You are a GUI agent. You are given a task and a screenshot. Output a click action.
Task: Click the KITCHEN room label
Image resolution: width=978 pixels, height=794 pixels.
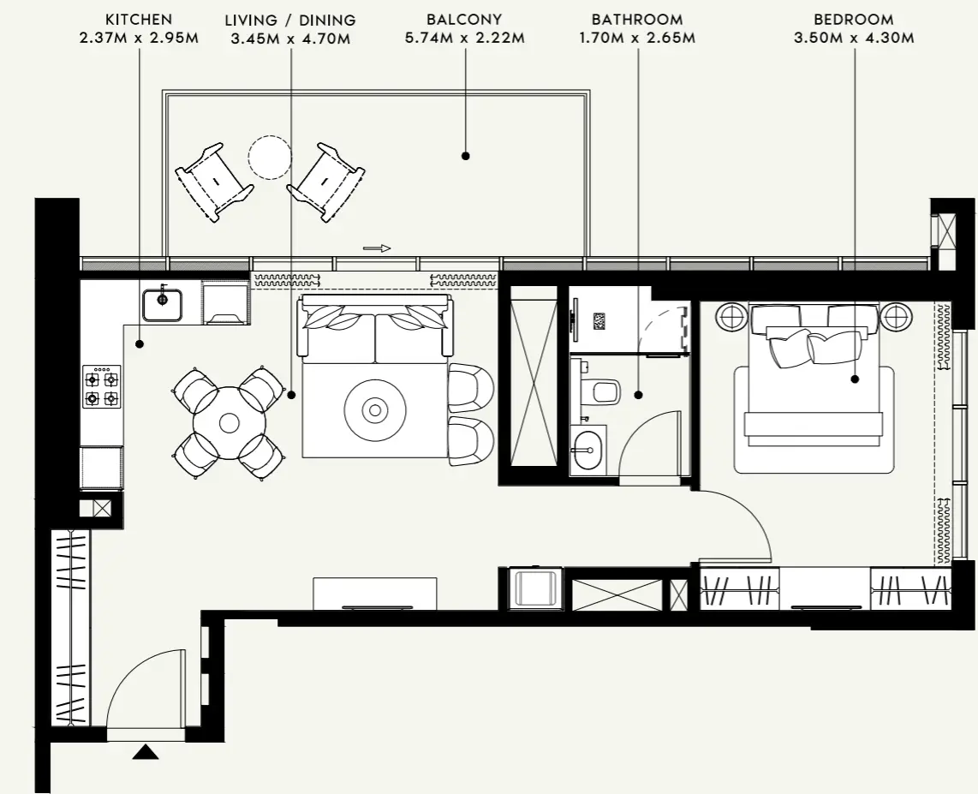(139, 19)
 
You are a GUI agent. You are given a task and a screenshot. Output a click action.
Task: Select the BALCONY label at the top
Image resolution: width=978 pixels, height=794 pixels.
(463, 19)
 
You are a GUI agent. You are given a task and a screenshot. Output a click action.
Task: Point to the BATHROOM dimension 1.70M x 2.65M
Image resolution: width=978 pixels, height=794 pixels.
(637, 39)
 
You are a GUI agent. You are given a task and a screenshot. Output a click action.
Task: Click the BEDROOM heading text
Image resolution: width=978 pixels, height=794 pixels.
(853, 19)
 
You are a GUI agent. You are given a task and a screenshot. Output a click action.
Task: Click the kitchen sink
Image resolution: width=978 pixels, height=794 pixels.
(162, 304)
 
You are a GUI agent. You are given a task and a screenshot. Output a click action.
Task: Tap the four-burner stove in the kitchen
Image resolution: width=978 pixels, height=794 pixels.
(101, 386)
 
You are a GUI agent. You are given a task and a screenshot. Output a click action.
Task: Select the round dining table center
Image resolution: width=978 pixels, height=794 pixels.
(229, 422)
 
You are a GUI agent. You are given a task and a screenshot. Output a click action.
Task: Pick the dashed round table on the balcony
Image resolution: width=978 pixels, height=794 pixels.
(270, 158)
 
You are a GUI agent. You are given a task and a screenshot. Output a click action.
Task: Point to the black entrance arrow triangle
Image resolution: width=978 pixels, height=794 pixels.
(146, 753)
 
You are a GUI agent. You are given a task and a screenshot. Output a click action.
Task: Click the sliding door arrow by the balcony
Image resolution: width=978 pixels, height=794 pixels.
(377, 248)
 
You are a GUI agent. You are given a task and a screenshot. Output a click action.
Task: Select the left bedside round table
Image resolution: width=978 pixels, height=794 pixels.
(732, 318)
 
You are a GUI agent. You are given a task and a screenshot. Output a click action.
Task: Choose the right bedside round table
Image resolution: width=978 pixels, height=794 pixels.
(897, 318)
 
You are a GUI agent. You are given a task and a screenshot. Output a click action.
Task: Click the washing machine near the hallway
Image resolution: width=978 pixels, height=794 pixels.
(535, 589)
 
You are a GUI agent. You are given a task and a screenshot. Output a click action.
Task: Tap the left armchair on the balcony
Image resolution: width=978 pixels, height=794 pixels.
(212, 180)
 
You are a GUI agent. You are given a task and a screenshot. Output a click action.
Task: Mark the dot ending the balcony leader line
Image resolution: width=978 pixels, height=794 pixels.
(465, 156)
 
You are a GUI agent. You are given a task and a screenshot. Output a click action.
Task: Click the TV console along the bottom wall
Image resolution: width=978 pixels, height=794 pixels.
(374, 593)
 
